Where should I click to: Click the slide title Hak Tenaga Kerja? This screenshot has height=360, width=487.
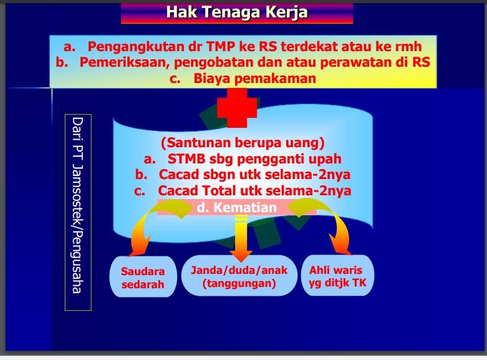237,12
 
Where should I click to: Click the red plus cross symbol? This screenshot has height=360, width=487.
237,108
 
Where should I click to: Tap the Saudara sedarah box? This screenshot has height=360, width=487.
143,276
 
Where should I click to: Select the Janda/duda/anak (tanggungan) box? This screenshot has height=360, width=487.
239,276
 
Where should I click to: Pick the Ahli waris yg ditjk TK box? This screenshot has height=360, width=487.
337,275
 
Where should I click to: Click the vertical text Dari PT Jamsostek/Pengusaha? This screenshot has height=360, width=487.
78,205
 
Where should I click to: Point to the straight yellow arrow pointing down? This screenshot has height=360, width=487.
241,238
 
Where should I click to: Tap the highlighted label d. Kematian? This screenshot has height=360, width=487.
237,207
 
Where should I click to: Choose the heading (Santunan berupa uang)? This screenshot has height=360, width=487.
243,143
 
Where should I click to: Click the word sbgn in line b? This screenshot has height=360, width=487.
219,175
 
